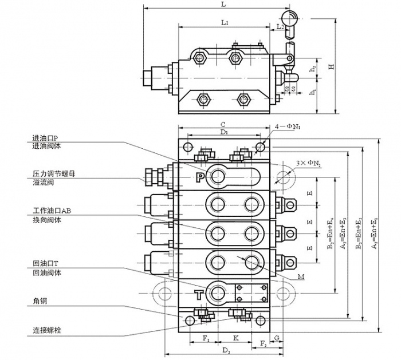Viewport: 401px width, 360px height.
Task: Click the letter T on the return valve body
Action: tap(198, 295)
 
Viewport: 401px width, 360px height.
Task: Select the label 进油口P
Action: tap(46, 138)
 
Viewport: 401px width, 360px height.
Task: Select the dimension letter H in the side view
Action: tap(331, 67)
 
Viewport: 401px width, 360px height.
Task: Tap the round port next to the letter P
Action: tap(218, 177)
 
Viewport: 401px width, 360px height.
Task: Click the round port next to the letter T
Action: tap(218, 293)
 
